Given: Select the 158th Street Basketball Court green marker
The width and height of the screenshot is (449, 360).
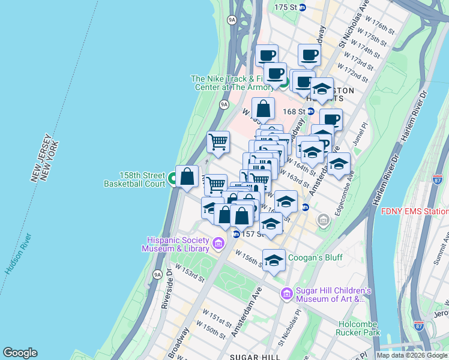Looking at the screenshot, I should tap(172, 178).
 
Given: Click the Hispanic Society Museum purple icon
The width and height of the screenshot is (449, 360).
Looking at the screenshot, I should tap(218, 244).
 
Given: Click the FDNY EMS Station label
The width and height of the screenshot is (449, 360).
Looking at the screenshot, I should tap(415, 211).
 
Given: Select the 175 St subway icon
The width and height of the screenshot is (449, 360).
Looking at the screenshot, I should tap(303, 7).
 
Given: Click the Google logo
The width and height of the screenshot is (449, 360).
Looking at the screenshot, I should tap(20, 353).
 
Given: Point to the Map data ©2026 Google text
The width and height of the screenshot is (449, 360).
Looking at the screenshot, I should tap(412, 355).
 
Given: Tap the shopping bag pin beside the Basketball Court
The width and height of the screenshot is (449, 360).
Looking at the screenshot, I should tap(187, 176).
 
